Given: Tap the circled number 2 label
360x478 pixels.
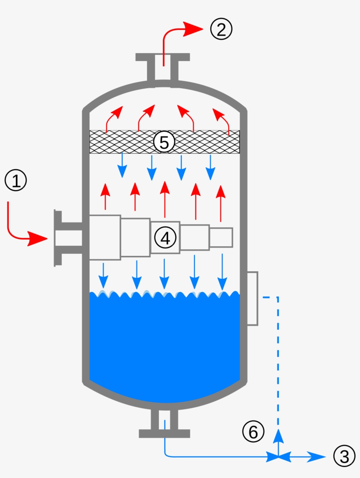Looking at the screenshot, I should [220, 29].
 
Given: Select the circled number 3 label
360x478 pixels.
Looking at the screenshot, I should [344, 456].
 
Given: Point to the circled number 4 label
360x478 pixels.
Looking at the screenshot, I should [165, 238].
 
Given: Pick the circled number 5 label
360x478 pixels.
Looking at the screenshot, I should [164, 142].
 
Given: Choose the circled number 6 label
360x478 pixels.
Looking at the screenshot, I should [253, 432].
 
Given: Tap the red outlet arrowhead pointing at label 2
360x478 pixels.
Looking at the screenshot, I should [191, 29].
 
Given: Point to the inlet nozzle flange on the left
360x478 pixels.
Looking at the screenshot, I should [58, 238].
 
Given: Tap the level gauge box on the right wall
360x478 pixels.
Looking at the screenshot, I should [252, 298].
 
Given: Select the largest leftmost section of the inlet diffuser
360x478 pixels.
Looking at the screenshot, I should [104, 237].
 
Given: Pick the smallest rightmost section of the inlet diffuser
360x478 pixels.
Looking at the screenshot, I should [221, 237].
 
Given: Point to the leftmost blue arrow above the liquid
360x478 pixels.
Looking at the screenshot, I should [103, 274].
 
